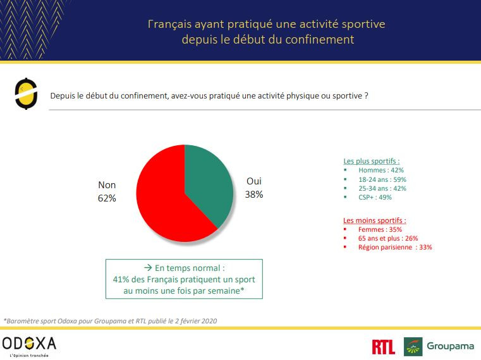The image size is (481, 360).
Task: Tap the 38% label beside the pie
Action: pyautogui.click(x=254, y=195)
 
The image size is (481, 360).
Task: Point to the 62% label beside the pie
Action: pyautogui.click(x=107, y=198)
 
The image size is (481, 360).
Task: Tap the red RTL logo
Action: pyautogui.click(x=384, y=346)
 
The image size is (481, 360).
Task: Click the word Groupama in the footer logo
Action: pyautogui.click(x=450, y=346)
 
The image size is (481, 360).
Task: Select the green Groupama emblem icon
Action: pyautogui.click(x=413, y=346)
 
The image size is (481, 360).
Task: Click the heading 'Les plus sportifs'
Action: pyautogui.click(x=370, y=161)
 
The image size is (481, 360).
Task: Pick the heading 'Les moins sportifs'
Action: pyautogui.click(x=375, y=220)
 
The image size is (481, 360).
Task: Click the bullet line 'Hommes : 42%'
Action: pyautogui.click(x=381, y=171)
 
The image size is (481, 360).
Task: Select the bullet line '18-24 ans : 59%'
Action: pyautogui.click(x=382, y=179)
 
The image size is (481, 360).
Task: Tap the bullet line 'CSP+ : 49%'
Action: pyautogui.click(x=375, y=197)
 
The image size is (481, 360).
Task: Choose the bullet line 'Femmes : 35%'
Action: pyautogui.click(x=380, y=229)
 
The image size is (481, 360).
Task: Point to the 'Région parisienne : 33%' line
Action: pyautogui.click(x=395, y=247)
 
